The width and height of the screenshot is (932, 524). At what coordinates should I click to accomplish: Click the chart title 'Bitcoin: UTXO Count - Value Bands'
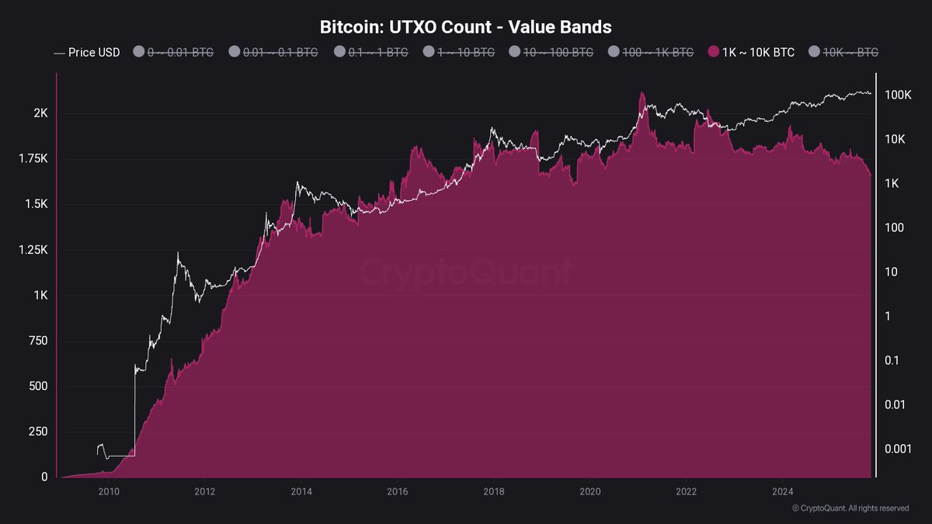[466, 27]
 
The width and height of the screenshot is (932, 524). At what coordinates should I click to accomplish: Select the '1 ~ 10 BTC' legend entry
[461, 53]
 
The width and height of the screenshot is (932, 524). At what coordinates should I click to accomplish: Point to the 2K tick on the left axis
[40, 113]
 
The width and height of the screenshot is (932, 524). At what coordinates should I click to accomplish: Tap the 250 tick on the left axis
[37, 432]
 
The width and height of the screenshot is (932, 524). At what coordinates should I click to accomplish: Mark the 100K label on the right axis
[898, 95]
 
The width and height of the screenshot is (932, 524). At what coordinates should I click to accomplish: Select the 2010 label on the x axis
[109, 491]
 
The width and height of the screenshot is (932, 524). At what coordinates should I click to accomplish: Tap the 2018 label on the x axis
[494, 491]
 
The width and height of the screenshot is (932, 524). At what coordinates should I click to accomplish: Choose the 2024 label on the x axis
[783, 491]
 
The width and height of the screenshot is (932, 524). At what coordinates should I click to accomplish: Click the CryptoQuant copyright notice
[850, 508]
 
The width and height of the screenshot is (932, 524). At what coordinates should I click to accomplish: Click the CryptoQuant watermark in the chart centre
[466, 272]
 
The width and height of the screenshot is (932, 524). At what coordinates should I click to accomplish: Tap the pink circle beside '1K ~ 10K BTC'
[713, 53]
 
